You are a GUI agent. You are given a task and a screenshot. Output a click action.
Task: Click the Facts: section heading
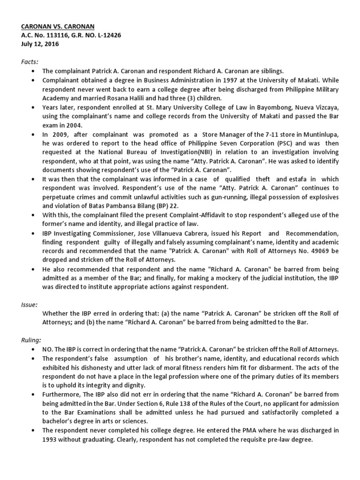(x=30, y=61)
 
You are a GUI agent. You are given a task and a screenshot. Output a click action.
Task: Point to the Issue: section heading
(x=29, y=304)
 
